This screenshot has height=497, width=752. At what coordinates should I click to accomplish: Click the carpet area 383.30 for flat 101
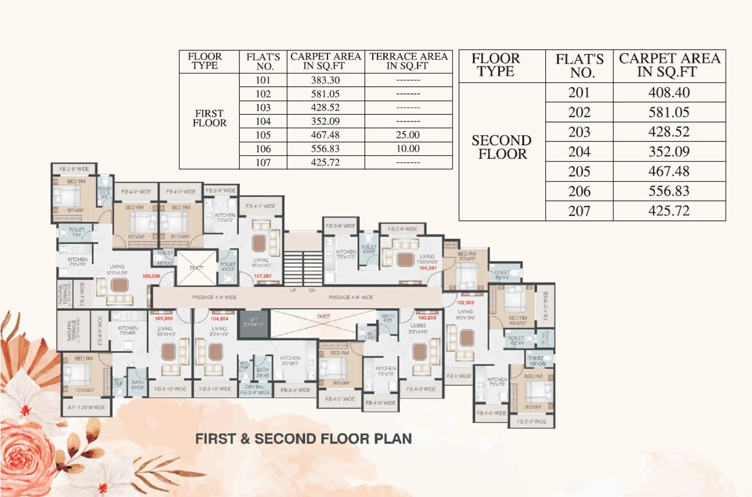pos(325,80)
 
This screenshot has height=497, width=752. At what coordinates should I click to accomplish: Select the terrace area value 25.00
pos(408,135)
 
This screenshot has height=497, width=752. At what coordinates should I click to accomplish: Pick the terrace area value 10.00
pos(408,149)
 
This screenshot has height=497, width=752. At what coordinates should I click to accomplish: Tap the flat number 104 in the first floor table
pos(263,121)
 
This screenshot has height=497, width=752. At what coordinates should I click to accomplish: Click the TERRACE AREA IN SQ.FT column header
pos(408,61)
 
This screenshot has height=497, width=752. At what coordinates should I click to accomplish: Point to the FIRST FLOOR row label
pos(209,118)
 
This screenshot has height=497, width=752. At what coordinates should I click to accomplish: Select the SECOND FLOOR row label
pos(502,147)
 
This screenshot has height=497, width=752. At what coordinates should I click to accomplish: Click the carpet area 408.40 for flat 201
pos(669,93)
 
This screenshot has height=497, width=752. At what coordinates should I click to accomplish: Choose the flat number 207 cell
pos(579,211)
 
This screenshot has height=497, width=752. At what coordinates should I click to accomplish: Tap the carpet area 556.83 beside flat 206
pos(669,191)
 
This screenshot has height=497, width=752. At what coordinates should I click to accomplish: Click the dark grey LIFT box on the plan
pos(254,323)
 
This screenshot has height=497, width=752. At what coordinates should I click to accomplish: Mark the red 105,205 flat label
pos(164,319)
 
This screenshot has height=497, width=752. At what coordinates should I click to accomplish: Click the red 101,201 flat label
pos(427,268)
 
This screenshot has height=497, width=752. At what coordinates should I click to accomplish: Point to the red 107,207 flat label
pos(263,276)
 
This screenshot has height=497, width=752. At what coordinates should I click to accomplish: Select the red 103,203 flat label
pos(427,318)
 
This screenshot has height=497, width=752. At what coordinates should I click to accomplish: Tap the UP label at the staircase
pos(293,290)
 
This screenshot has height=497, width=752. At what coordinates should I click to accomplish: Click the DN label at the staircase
pos(312,290)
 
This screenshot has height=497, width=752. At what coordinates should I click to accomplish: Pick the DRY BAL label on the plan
pos(254,387)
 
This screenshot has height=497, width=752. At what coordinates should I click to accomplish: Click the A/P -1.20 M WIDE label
pos(86,408)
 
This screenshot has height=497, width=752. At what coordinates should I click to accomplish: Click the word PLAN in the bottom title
pos(393,439)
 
